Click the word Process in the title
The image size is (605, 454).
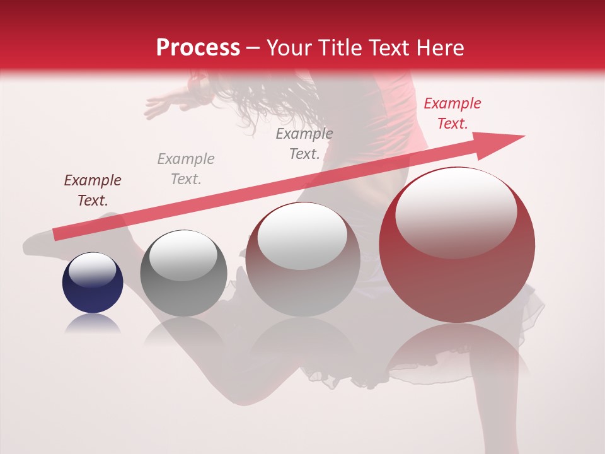[198, 48]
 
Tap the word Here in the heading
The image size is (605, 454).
[440, 48]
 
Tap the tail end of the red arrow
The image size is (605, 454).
[57, 234]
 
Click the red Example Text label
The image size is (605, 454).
[452, 113]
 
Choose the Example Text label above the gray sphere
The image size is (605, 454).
[185, 169]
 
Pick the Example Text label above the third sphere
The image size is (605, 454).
[304, 143]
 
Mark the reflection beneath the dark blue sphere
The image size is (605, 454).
[92, 324]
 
